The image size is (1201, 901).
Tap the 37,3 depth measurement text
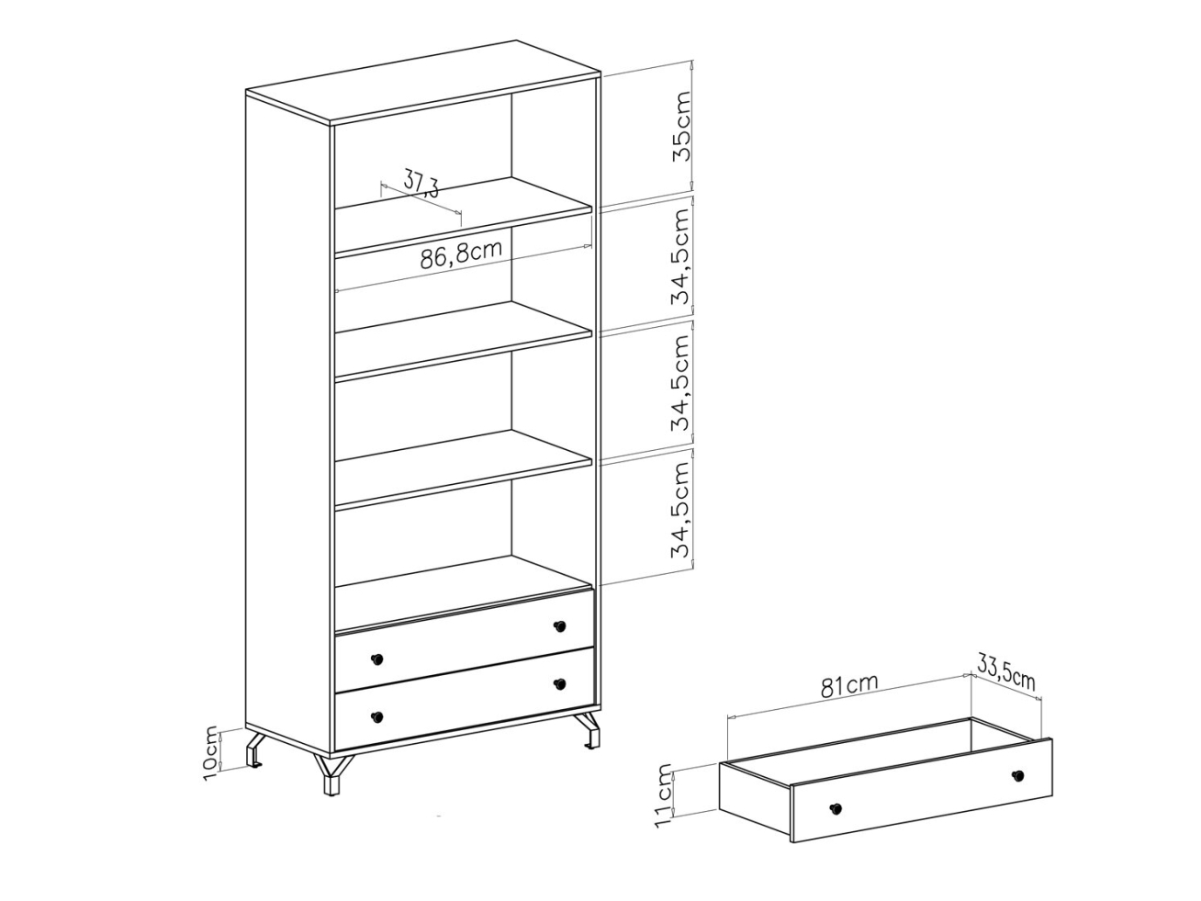coord(421,183)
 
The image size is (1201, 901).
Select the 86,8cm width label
coord(461,255)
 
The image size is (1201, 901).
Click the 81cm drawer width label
coord(849,686)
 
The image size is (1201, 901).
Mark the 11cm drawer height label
coord(663,796)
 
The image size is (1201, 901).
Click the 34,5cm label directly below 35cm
coord(681,256)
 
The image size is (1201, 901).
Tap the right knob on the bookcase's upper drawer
coord(559,625)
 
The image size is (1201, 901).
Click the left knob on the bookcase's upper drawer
coord(376,659)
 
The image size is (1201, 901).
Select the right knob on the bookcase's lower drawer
coord(559,684)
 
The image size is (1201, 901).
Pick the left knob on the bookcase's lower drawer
coord(376,716)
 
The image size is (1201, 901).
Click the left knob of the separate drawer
coord(835,808)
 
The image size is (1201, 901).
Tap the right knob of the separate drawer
coord(1017,775)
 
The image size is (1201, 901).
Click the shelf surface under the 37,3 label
coord(463,214)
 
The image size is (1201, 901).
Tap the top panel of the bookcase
coord(423,81)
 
